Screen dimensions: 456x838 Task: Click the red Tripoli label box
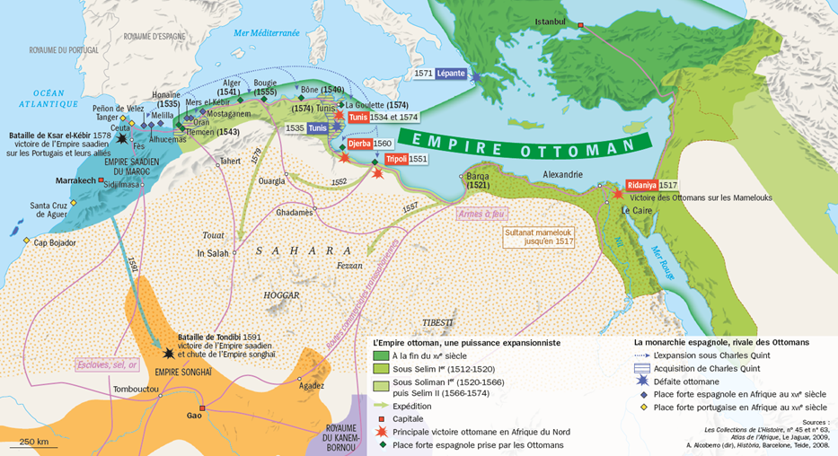[x=395, y=159]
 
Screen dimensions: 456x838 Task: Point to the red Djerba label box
[x=359, y=144]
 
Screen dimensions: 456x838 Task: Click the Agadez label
[x=312, y=386]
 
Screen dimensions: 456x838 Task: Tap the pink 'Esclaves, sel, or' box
[x=106, y=364]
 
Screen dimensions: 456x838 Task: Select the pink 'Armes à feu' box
[x=482, y=214]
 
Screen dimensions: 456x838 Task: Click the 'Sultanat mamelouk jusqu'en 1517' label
[x=539, y=235]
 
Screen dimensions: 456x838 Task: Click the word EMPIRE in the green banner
[x=451, y=139]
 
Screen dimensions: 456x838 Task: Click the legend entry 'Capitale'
[x=409, y=418]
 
